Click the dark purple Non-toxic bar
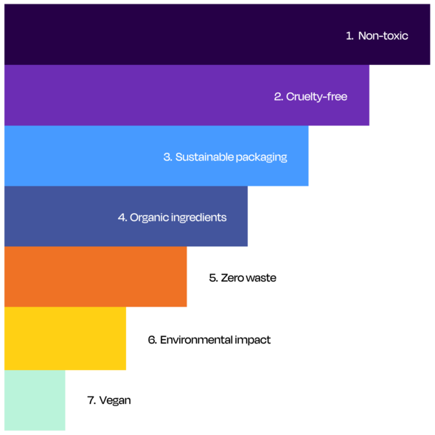pyautogui.click(x=217, y=35)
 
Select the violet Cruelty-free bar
pyautogui.click(x=187, y=95)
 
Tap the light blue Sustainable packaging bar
pyautogui.click(x=156, y=156)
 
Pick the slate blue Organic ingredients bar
pyautogui.click(x=126, y=216)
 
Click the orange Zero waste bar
pyautogui.click(x=96, y=276)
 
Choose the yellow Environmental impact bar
pyautogui.click(x=65, y=338)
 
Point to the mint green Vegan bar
pyautogui.click(x=35, y=400)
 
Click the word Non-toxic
pyautogui.click(x=383, y=36)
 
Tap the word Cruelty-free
pyautogui.click(x=316, y=97)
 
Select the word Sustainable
pyautogui.click(x=205, y=157)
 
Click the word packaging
pyautogui.click(x=262, y=158)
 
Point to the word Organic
pyautogui.click(x=149, y=218)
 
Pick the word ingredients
pyautogui.click(x=199, y=218)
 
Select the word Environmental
pyautogui.click(x=196, y=340)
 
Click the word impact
pyautogui.click(x=252, y=341)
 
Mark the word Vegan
pyautogui.click(x=115, y=401)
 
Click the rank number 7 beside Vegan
pyautogui.click(x=91, y=400)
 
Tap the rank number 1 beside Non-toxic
pyautogui.click(x=349, y=36)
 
